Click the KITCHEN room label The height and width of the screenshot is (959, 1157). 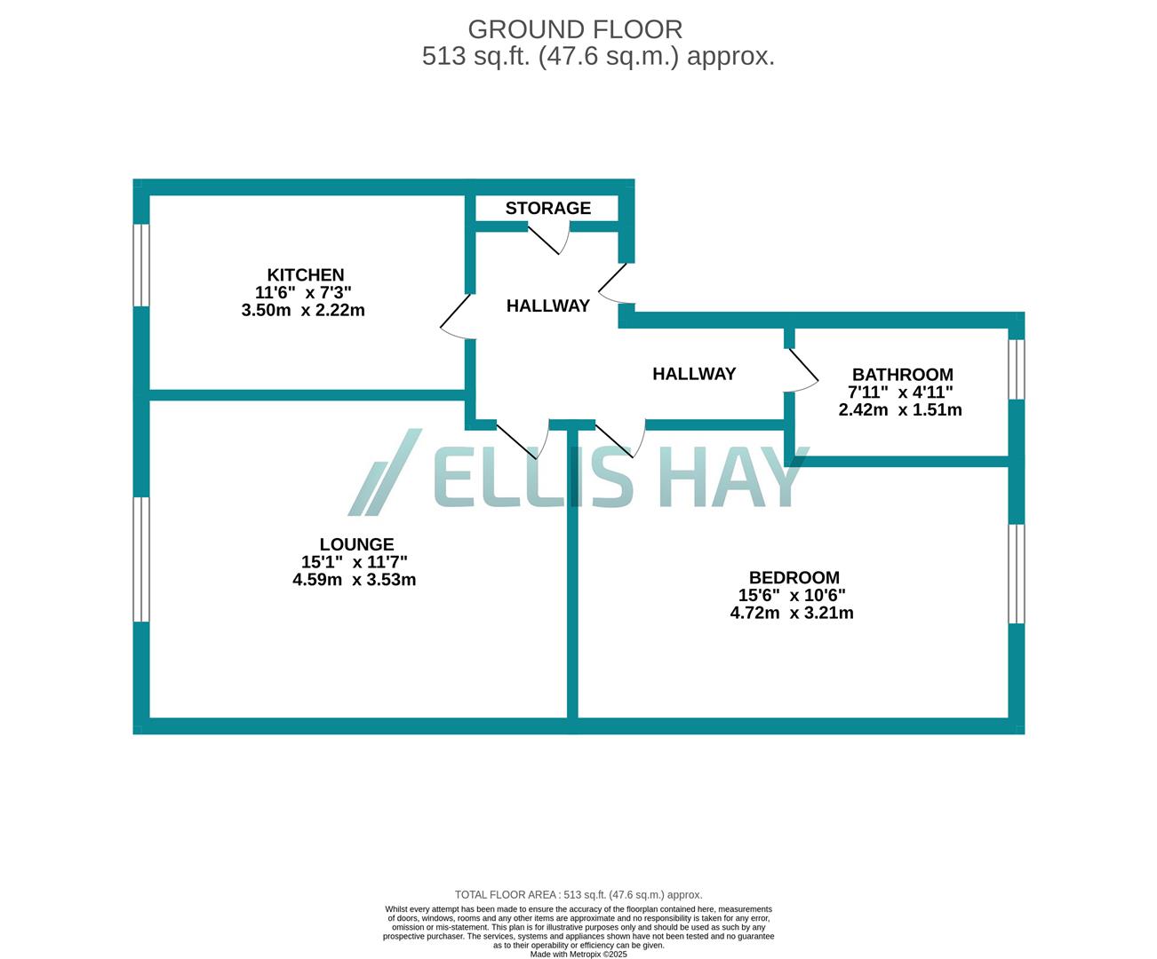pyautogui.click(x=306, y=275)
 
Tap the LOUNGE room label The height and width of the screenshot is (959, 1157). pyautogui.click(x=356, y=544)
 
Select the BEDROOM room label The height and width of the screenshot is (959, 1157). pyautogui.click(x=794, y=577)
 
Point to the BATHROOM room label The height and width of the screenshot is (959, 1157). pyautogui.click(x=902, y=375)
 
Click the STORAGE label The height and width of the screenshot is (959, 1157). pyautogui.click(x=547, y=208)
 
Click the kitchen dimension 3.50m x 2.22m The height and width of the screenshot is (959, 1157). pyautogui.click(x=303, y=310)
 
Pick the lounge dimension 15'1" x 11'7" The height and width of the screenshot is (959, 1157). pyautogui.click(x=354, y=562)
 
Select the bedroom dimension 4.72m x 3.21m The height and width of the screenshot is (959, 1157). pyautogui.click(x=792, y=613)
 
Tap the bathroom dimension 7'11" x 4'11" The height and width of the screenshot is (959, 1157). pyautogui.click(x=900, y=392)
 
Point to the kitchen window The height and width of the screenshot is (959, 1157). pyautogui.click(x=140, y=265)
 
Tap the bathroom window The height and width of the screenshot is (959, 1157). pyautogui.click(x=1017, y=369)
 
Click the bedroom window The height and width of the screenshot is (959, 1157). pyautogui.click(x=1017, y=574)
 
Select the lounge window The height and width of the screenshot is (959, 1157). pyautogui.click(x=140, y=559)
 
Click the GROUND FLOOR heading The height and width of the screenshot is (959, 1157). pyautogui.click(x=575, y=29)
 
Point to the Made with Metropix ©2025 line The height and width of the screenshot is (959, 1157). pyautogui.click(x=578, y=955)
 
